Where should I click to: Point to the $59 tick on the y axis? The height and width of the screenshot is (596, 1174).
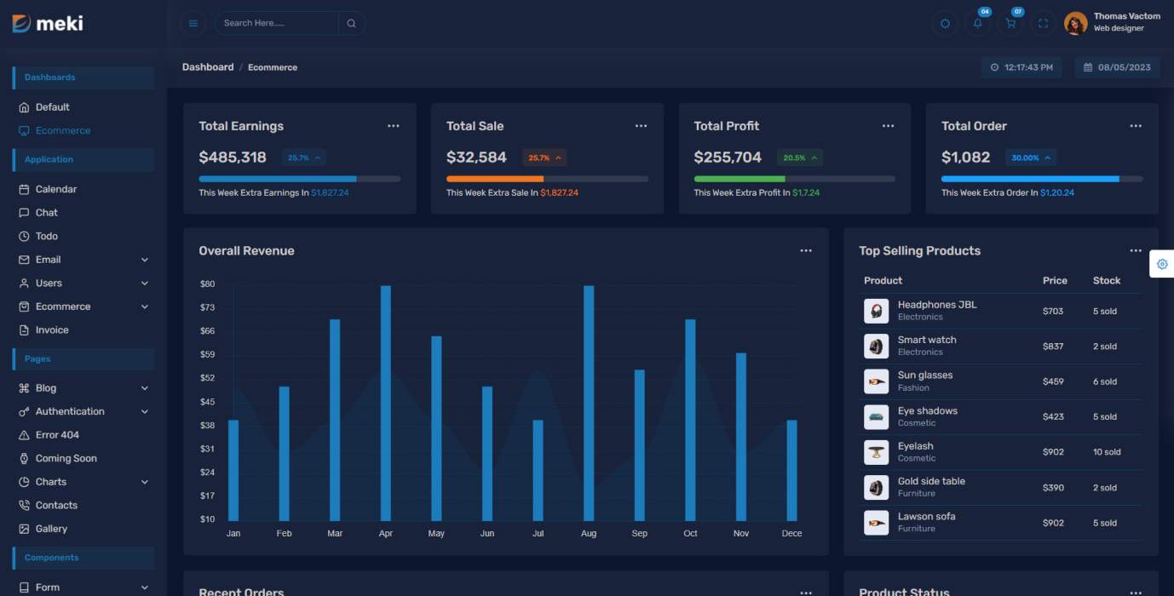(x=207, y=354)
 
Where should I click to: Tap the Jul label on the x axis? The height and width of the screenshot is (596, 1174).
(x=538, y=534)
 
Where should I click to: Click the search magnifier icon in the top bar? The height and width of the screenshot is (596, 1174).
(x=351, y=24)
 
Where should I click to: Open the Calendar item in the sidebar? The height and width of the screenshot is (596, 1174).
(x=56, y=189)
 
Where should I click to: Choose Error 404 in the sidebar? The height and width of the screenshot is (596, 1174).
(x=57, y=435)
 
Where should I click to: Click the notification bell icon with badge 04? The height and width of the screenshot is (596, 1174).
(x=977, y=24)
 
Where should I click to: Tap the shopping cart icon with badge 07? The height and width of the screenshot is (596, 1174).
(x=1010, y=24)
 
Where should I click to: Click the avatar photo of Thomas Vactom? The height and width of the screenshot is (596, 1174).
(x=1076, y=24)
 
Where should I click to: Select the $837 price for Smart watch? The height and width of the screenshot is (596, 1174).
(x=1053, y=347)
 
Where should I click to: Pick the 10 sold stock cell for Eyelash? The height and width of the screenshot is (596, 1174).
(x=1107, y=452)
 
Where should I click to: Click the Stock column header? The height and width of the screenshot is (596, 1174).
(x=1107, y=281)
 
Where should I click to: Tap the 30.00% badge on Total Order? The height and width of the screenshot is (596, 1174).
(x=1030, y=158)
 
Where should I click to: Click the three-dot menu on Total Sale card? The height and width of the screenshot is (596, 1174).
(x=641, y=126)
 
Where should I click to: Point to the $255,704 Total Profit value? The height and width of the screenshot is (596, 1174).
(x=728, y=158)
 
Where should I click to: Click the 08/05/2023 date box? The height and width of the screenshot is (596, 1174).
(x=1117, y=67)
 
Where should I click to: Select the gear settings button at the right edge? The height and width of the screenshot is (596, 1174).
(x=1162, y=264)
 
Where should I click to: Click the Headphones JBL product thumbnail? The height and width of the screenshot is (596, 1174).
(x=876, y=311)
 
